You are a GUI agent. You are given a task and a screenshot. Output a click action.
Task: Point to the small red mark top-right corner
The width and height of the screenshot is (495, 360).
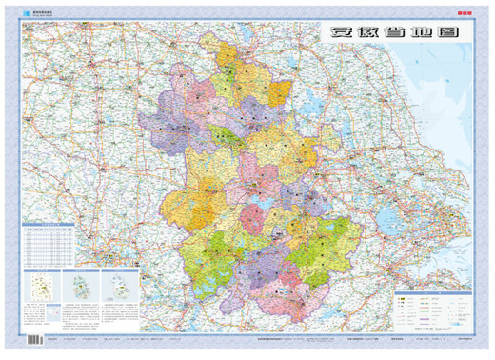[465, 13]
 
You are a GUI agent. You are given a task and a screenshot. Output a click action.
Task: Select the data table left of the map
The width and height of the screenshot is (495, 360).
[49, 247]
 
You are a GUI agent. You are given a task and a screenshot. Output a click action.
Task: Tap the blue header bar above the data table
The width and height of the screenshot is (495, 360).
[49, 226]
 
